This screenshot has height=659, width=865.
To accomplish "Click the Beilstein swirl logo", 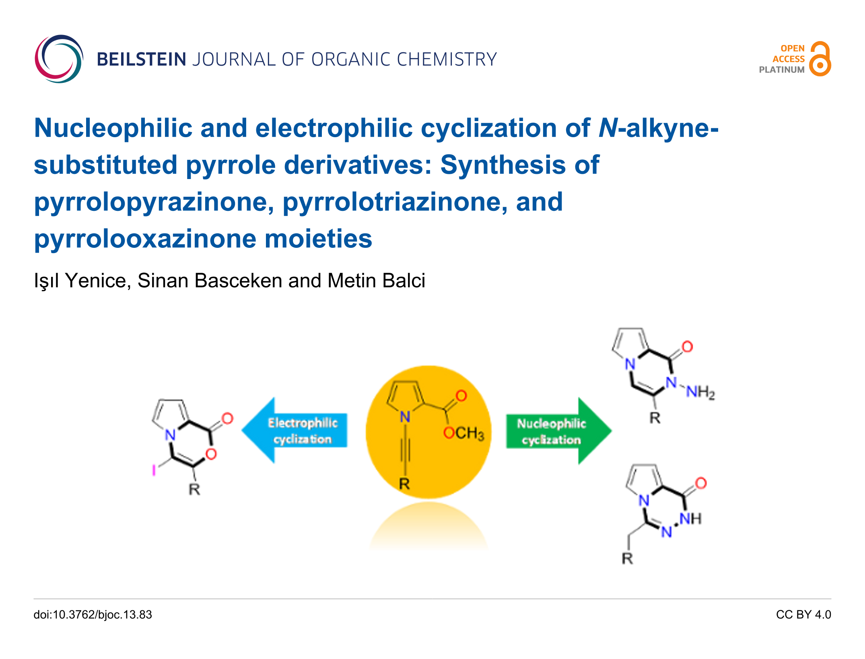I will (59, 59).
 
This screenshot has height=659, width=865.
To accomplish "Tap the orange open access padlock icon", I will (820, 59).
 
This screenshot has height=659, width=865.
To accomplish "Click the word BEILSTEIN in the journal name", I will (141, 60).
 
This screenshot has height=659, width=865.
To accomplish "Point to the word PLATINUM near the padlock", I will (781, 70).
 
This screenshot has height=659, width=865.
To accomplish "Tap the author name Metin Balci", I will (376, 280).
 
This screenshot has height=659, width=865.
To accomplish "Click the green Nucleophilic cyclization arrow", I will (557, 431).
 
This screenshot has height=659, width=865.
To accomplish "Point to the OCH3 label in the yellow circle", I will (463, 433).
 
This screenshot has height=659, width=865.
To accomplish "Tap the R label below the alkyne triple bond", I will (404, 484).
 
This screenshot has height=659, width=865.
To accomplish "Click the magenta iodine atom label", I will (154, 470).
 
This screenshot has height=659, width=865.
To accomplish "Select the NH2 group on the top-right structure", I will (700, 391).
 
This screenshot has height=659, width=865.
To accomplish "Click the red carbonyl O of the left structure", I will (227, 418).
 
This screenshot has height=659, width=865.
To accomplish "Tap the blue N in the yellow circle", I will (405, 417).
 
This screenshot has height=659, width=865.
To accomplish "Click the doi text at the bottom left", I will (93, 614).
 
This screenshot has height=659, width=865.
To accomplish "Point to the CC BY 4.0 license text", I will (803, 614).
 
